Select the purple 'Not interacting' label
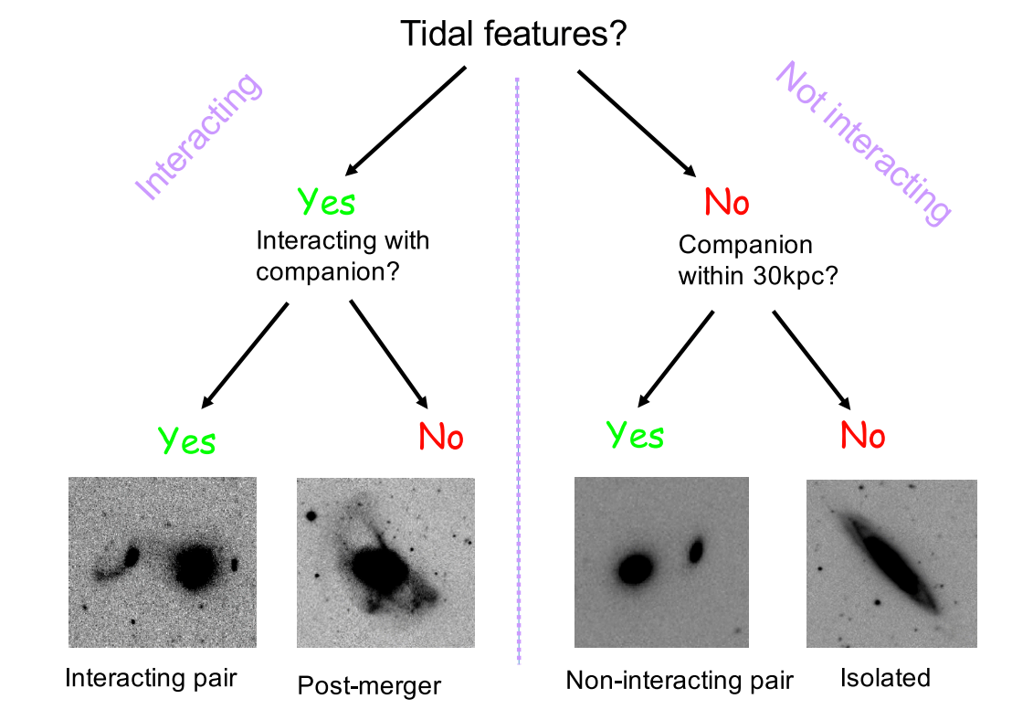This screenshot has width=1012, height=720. click(863, 143)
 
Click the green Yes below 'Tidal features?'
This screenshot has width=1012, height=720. click(326, 202)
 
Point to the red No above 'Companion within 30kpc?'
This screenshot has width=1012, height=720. click(727, 202)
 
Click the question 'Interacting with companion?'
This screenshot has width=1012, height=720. click(343, 257)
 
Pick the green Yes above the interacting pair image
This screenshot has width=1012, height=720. click(187, 440)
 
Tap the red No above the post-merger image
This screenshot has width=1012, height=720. click(441, 438)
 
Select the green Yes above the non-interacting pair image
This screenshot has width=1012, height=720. click(635, 436)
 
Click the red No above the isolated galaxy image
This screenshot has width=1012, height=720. click(862, 437)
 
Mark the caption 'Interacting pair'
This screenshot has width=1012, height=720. click(151, 679)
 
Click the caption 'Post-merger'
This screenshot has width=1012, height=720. click(369, 685)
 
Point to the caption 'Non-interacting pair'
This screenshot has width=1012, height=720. click(680, 681)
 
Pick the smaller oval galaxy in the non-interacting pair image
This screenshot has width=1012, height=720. click(697, 550)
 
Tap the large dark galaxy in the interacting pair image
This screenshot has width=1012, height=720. click(194, 567)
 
